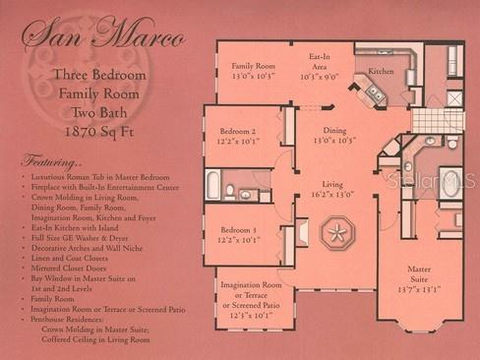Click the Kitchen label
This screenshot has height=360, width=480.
coord(381,72)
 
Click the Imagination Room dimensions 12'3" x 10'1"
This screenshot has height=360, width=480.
coord(251,316)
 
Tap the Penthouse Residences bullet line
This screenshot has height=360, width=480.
coord(69,321)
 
